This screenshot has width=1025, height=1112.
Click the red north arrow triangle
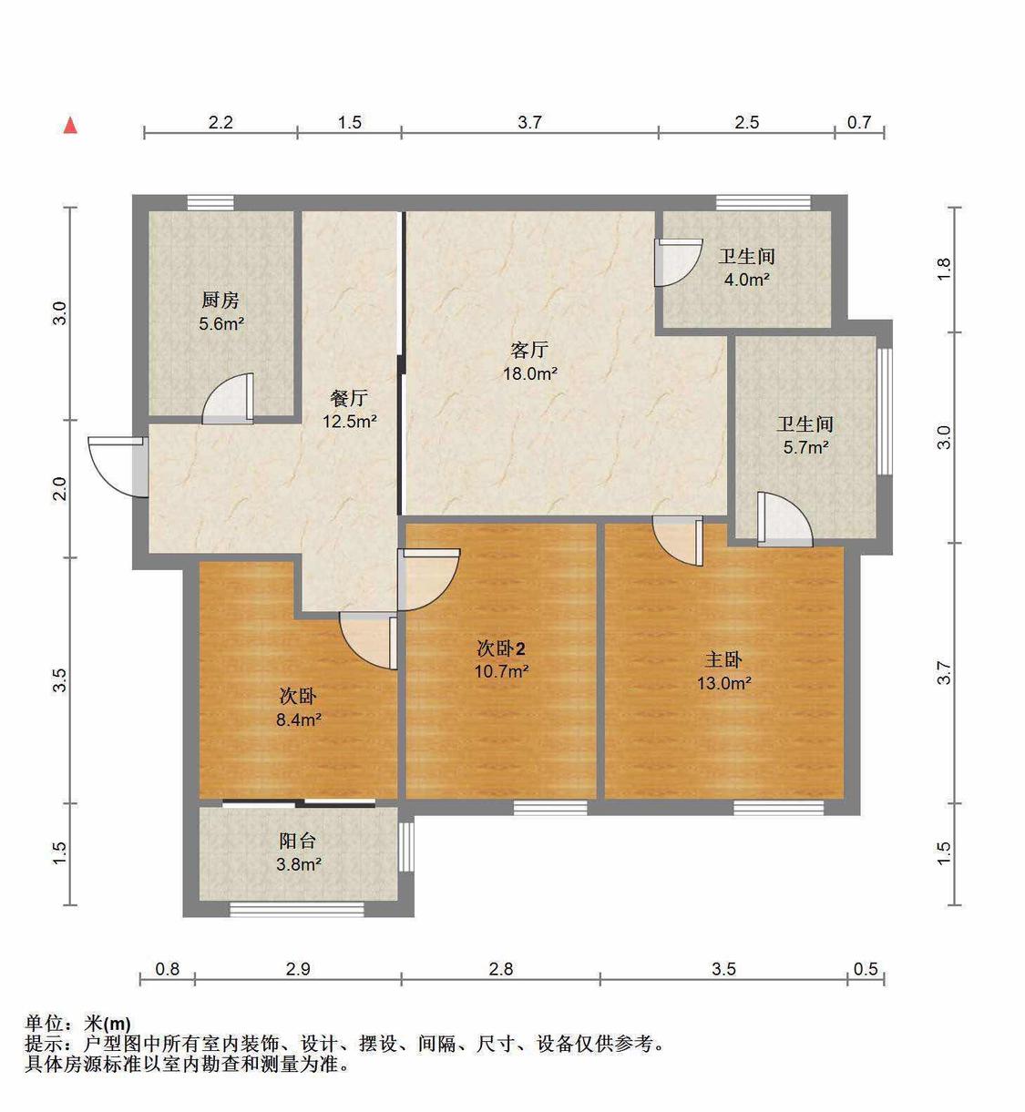click(x=70, y=126)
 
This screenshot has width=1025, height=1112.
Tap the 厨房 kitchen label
click(x=220, y=300)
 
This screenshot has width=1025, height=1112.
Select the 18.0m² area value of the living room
click(x=529, y=373)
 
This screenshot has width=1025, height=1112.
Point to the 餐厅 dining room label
click(x=349, y=398)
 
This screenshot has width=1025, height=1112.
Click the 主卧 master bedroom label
click(x=723, y=659)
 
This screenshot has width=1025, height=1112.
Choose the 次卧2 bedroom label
click(x=500, y=648)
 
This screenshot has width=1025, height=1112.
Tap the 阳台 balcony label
click(x=297, y=841)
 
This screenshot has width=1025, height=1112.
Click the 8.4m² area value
click(x=299, y=719)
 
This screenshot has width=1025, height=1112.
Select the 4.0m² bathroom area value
click(x=746, y=280)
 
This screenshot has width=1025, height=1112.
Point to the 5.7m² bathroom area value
click(x=805, y=447)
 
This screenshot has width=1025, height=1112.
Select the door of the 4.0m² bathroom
click(x=678, y=262)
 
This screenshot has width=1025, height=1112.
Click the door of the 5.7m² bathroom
click(x=784, y=519)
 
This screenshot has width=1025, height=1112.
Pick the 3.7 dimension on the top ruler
click(x=529, y=122)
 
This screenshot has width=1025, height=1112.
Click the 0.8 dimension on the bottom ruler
click(x=167, y=969)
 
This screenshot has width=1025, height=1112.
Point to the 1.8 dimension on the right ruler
click(x=944, y=270)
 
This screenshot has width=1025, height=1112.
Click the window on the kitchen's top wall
click(x=210, y=202)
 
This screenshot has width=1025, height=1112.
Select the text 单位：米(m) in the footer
click(x=78, y=1024)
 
